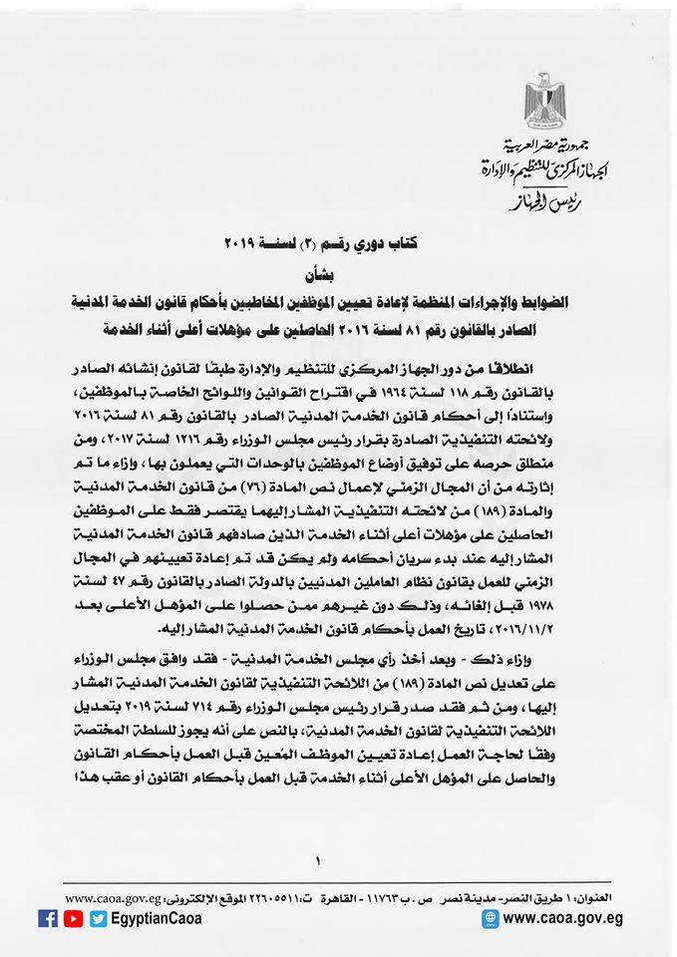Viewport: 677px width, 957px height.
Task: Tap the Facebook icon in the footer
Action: point(48,919)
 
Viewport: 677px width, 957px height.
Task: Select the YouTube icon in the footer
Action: point(73,919)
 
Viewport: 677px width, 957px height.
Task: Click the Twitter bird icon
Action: point(97,919)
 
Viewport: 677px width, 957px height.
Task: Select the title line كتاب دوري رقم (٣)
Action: point(339,242)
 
